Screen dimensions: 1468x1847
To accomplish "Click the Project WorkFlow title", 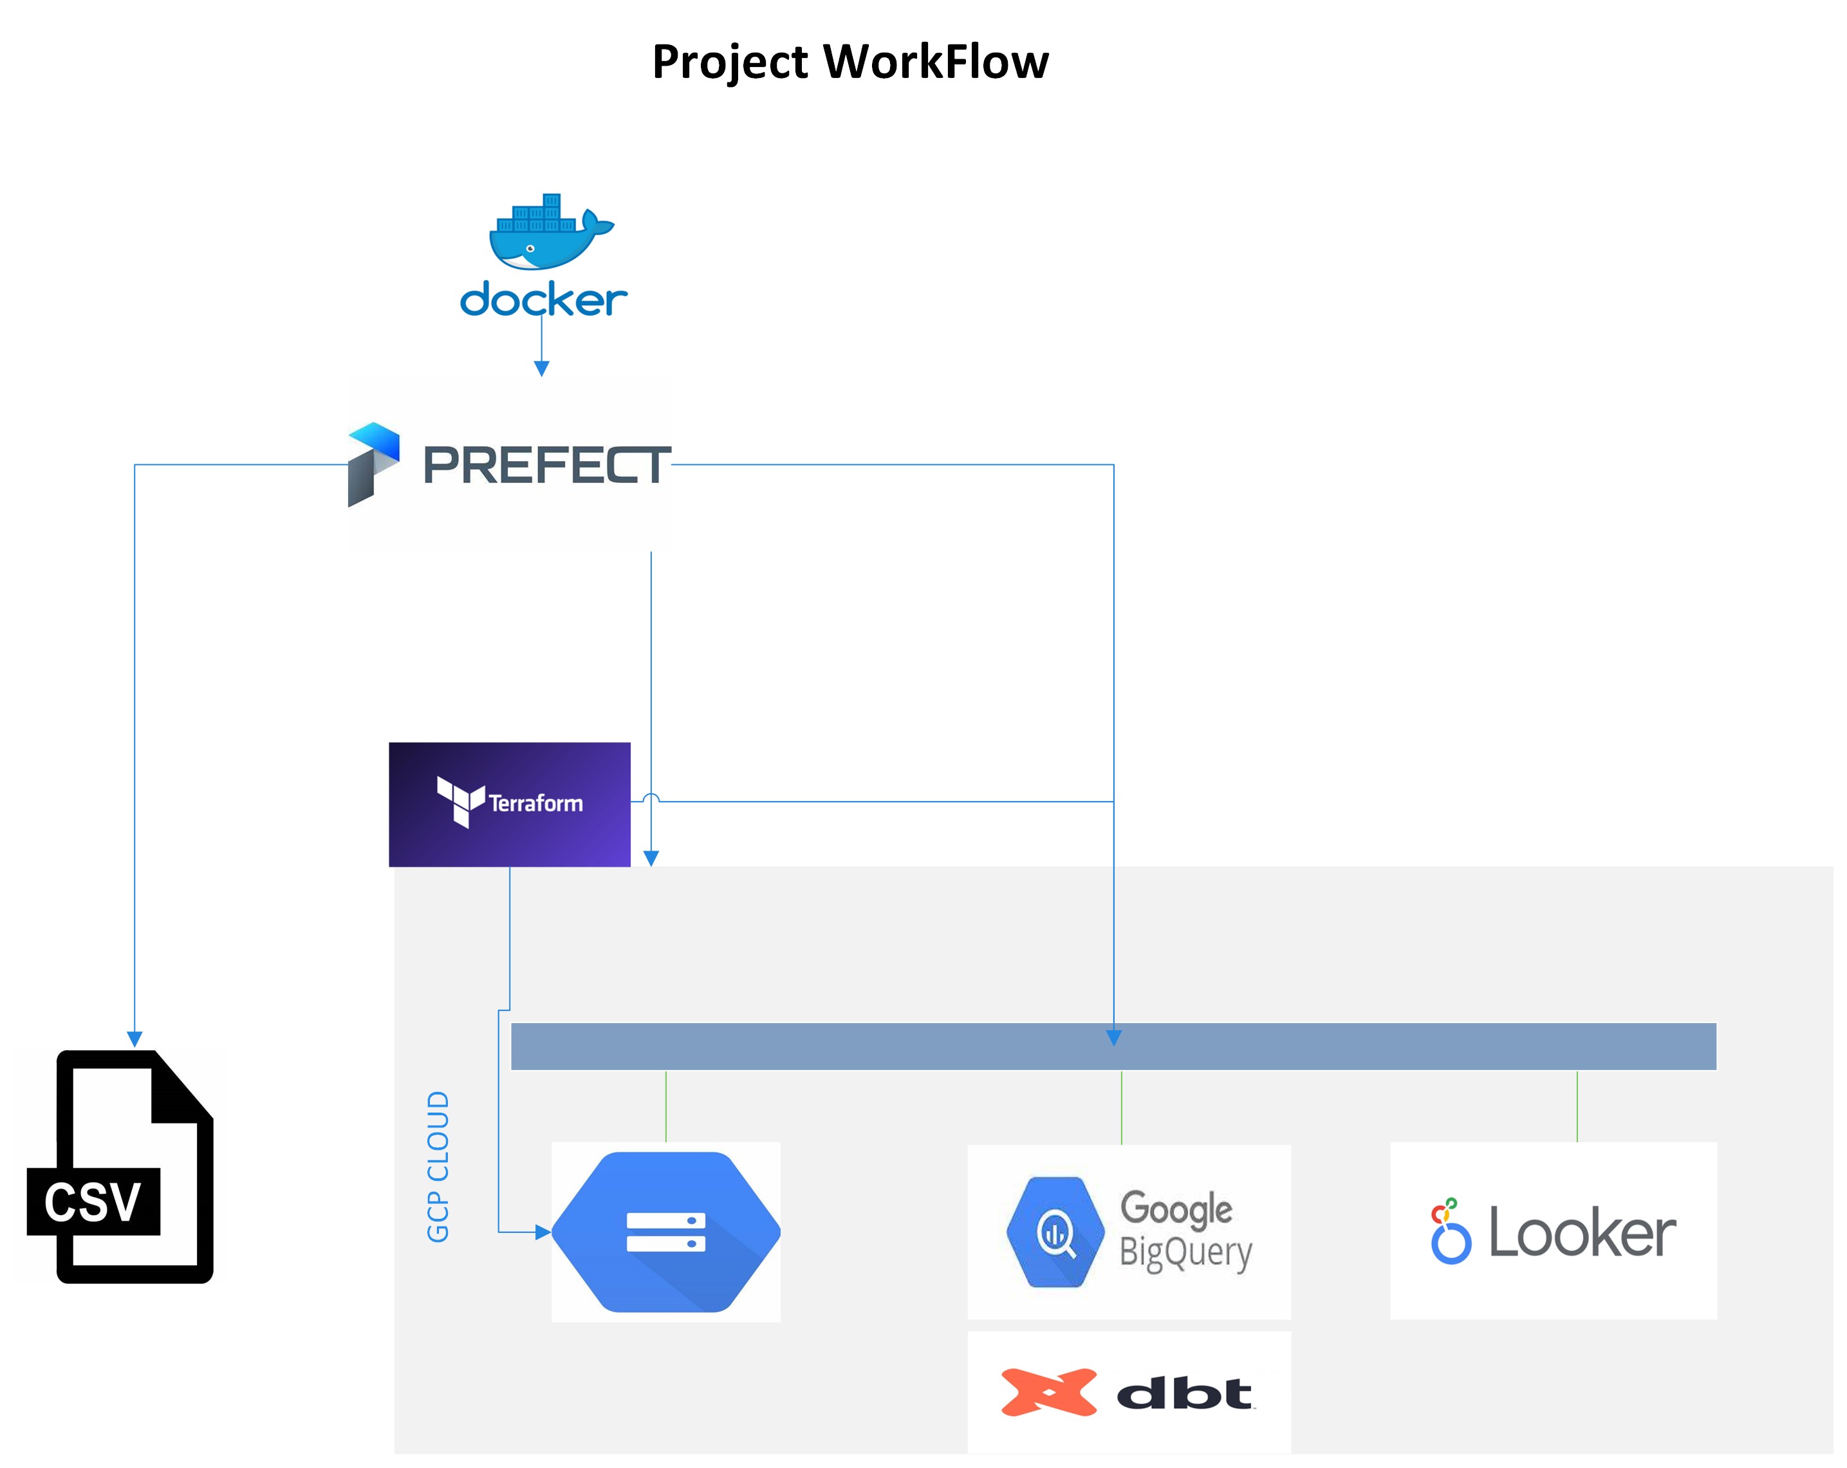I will pyautogui.click(x=850, y=62).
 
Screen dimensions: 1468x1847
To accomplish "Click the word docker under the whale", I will pyautogui.click(x=543, y=299).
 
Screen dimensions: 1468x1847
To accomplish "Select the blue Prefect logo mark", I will pyautogui.click(x=373, y=464).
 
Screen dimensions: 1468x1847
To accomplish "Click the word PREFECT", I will pyautogui.click(x=546, y=466).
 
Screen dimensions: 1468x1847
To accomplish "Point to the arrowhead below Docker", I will pyautogui.click(x=541, y=368).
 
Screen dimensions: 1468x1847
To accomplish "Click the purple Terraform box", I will pyautogui.click(x=509, y=804).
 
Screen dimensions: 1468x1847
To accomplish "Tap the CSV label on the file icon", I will pyautogui.click(x=93, y=1201).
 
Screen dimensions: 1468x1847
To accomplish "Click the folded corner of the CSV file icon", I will pyautogui.click(x=181, y=1088).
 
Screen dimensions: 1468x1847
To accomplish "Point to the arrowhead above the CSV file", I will pyautogui.click(x=135, y=1039).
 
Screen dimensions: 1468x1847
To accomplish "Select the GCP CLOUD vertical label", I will pyautogui.click(x=438, y=1165).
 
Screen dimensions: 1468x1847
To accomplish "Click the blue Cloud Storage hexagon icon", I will pyautogui.click(x=665, y=1232).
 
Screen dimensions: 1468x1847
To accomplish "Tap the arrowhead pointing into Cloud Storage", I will pyautogui.click(x=543, y=1232).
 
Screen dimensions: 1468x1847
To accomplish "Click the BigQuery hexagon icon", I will pyautogui.click(x=1055, y=1232).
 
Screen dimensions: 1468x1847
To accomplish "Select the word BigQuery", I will pyautogui.click(x=1185, y=1252).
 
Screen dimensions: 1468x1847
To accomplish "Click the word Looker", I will pyautogui.click(x=1581, y=1232).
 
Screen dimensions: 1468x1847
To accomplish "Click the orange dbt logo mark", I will pyautogui.click(x=1048, y=1392).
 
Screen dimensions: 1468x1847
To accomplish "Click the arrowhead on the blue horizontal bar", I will pyautogui.click(x=1114, y=1038).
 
